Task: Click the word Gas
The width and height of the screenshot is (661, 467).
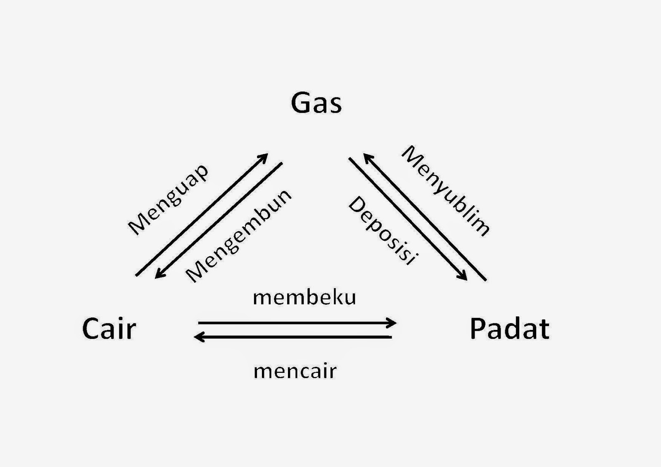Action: [x=316, y=103]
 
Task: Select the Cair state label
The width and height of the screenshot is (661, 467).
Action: [x=109, y=329]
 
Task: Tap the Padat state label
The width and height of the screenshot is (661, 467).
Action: [x=509, y=329]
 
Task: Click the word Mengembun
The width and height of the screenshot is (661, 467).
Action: [x=238, y=236]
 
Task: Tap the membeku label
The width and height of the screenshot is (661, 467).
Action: [x=304, y=297]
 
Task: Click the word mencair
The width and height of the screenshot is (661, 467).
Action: [x=295, y=371]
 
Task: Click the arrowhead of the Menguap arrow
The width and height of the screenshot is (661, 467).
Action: [x=264, y=157]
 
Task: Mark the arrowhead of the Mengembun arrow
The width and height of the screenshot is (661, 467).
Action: [x=158, y=275]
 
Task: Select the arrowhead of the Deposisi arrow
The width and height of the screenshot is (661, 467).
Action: [x=464, y=277]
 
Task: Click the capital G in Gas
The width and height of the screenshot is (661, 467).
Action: [x=301, y=103]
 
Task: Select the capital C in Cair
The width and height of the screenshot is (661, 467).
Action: [x=92, y=329]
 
